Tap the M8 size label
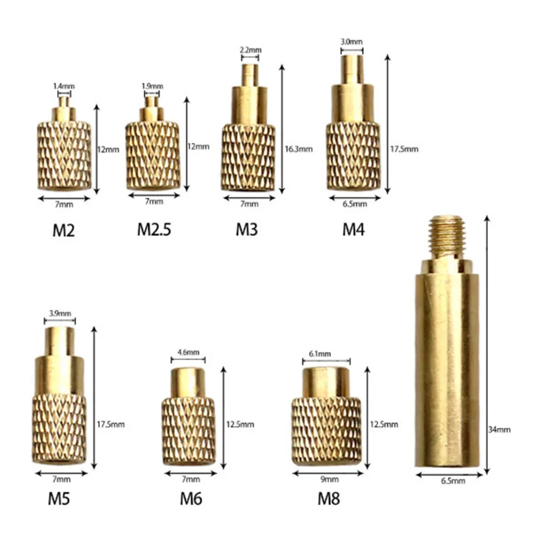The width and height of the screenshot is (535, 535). point(328,500)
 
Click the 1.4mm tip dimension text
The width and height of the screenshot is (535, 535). point(64,86)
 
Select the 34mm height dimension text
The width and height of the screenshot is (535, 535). point(503,429)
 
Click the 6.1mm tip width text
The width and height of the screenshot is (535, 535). point(320,354)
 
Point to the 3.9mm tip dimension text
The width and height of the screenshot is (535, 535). point(59,313)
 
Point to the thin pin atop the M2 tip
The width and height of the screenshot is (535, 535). point(64,102)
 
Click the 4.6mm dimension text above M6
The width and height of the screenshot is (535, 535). point(188,352)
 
